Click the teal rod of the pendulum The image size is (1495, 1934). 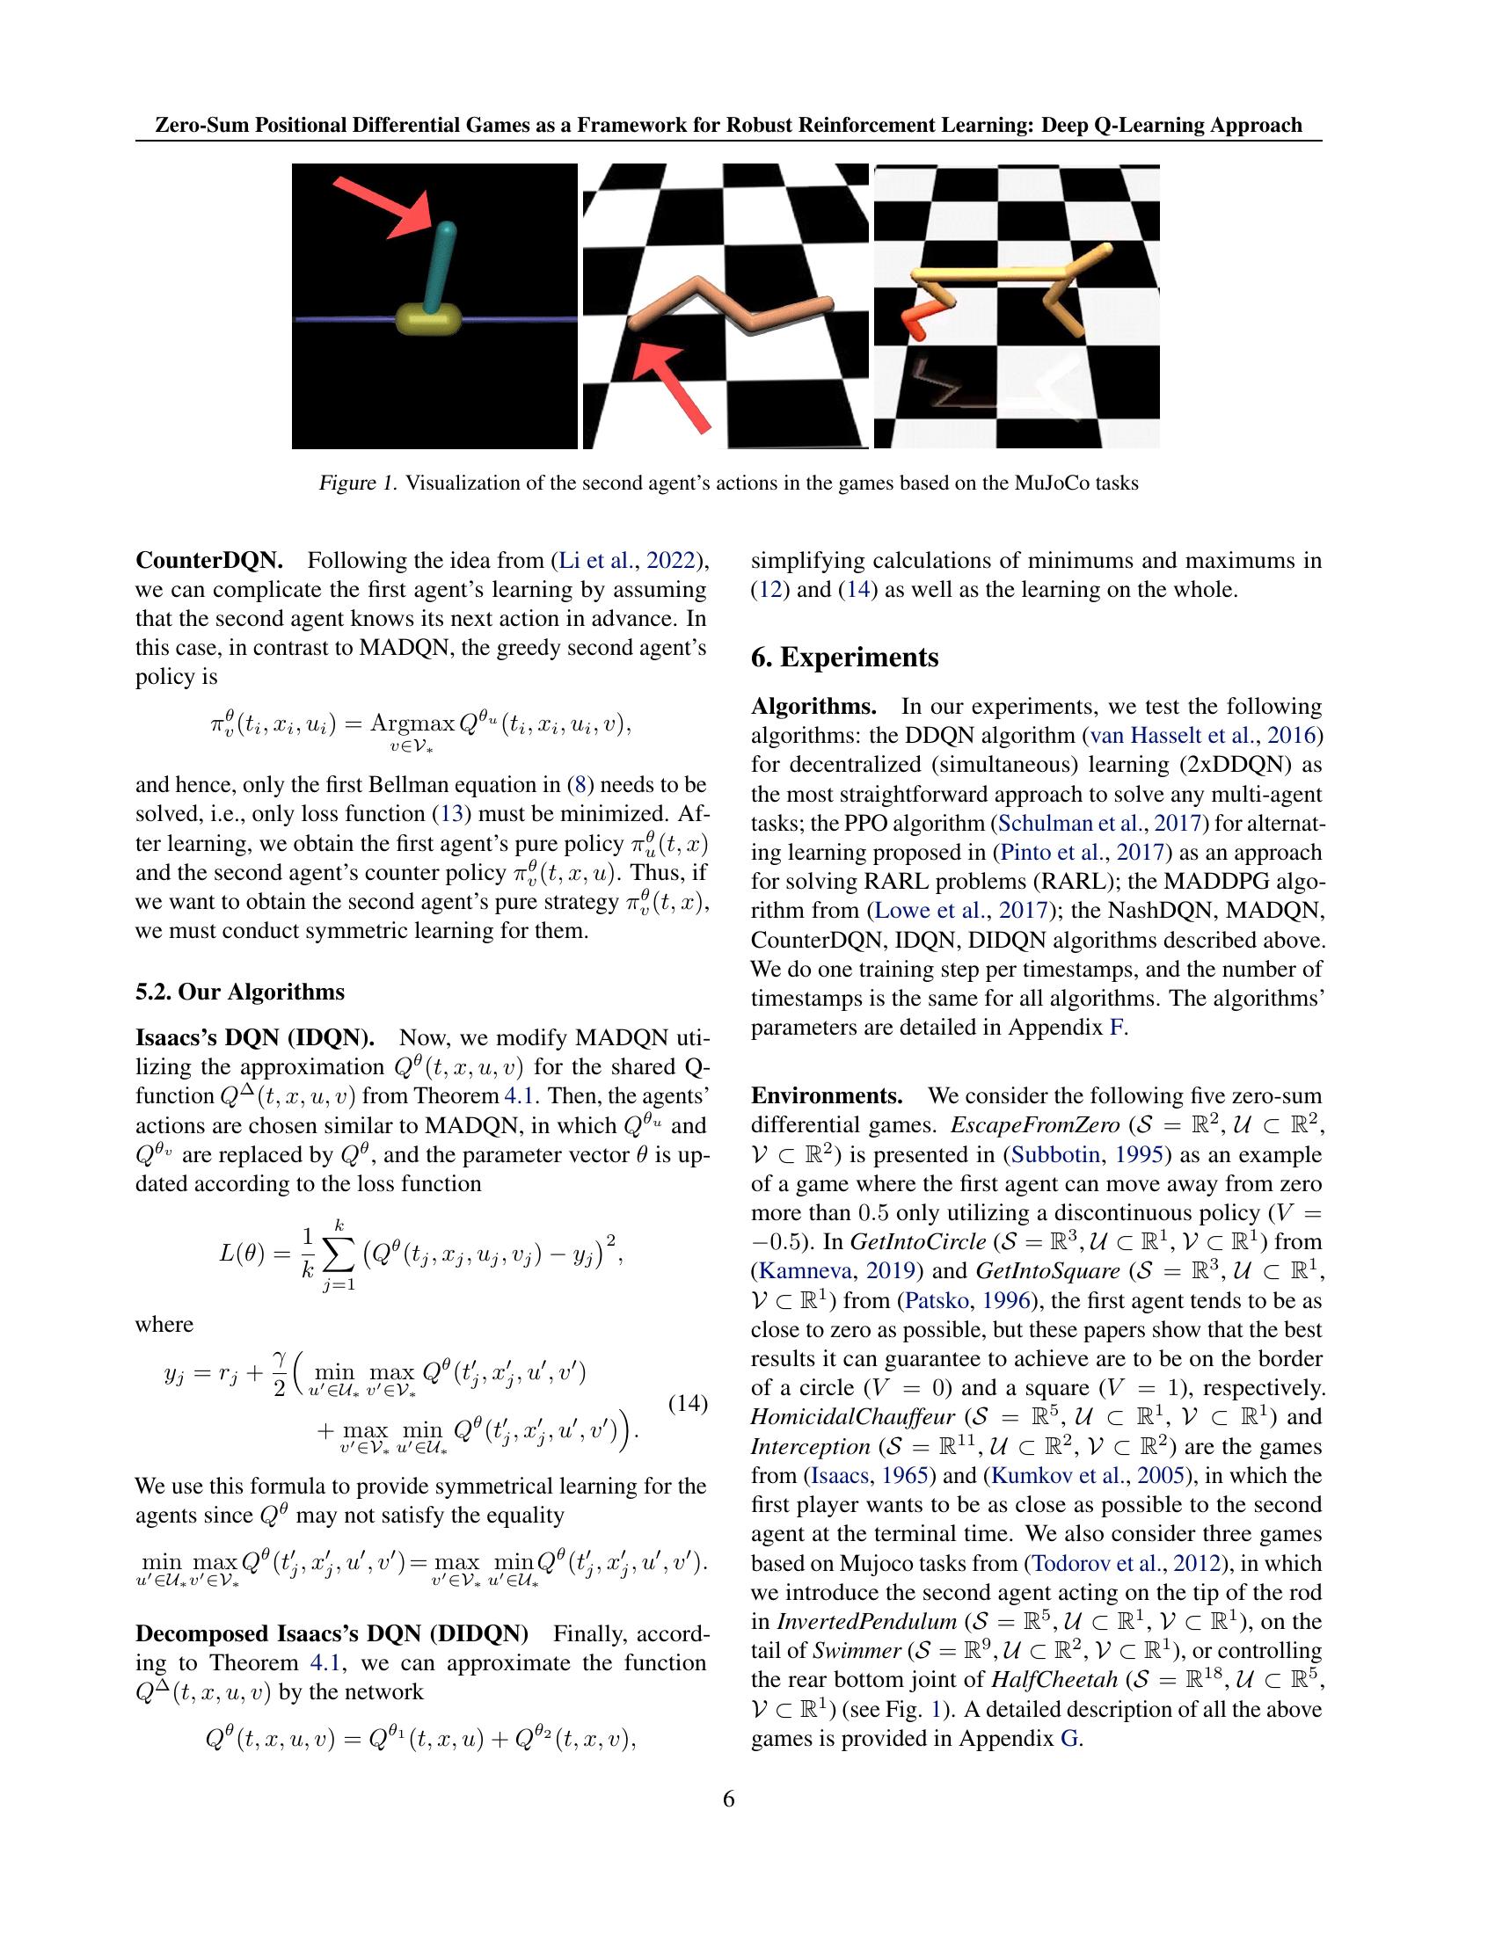[440, 266]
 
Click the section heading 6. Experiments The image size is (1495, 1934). [844, 658]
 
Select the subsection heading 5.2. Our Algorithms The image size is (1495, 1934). [239, 991]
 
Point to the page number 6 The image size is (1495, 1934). [728, 1799]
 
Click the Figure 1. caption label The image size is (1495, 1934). [358, 484]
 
